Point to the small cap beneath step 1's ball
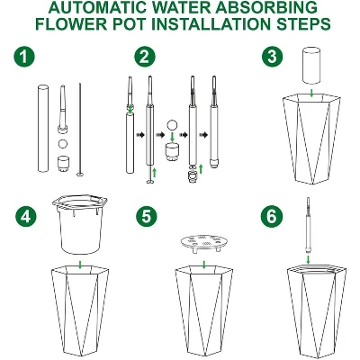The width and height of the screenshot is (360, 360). [x=64, y=165]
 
